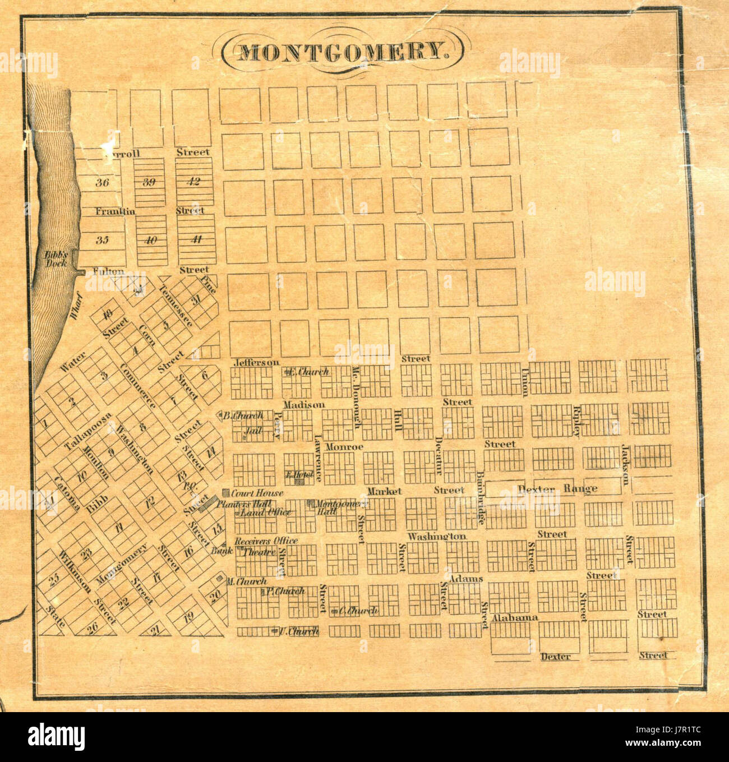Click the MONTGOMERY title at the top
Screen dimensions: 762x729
click(x=343, y=52)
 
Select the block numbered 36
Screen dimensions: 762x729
click(x=102, y=182)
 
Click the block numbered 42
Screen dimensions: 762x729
click(x=193, y=181)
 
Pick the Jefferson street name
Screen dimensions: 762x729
click(x=256, y=362)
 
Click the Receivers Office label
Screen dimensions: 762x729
click(x=266, y=541)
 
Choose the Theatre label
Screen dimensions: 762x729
click(x=259, y=552)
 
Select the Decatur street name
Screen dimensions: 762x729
click(x=439, y=455)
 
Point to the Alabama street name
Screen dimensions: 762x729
click(x=515, y=617)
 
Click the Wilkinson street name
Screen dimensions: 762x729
click(x=75, y=571)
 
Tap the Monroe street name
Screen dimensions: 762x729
click(x=344, y=447)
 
